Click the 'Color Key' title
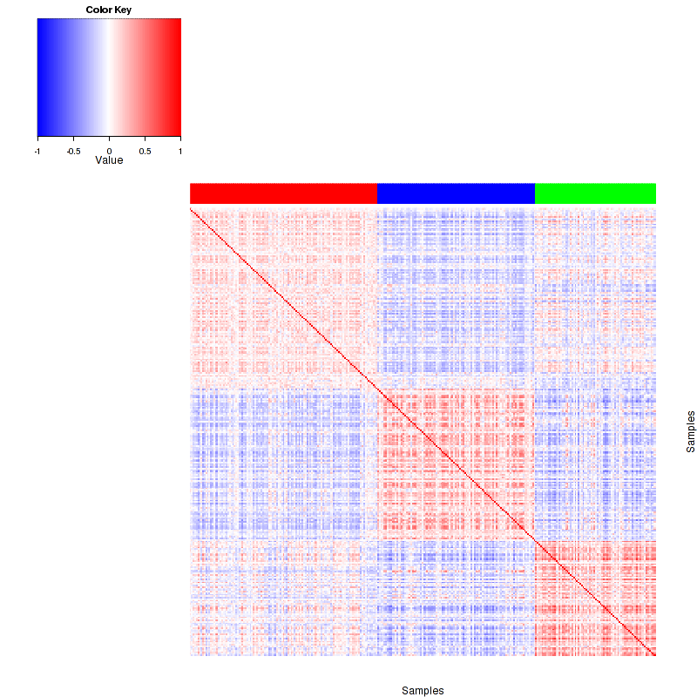click(109, 10)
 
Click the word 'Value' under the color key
click(109, 159)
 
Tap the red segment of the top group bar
click(283, 193)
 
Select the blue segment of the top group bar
click(456, 193)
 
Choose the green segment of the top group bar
click(595, 193)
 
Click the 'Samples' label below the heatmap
click(423, 690)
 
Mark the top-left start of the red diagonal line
click(192, 209)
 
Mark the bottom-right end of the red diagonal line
click(653, 655)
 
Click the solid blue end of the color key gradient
click(42, 78)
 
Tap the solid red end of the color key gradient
click(176, 78)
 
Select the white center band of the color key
click(109, 78)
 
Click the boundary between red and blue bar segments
click(377, 193)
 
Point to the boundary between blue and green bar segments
click(534, 193)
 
